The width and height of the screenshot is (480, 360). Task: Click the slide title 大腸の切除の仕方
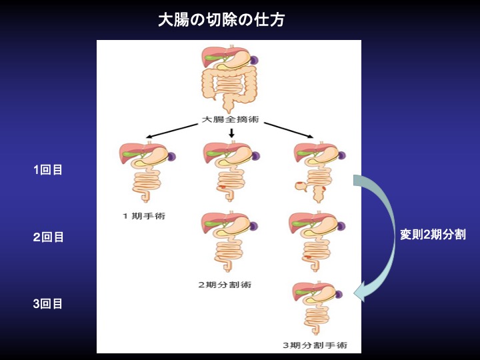(x=221, y=20)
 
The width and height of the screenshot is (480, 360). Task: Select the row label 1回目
(x=48, y=170)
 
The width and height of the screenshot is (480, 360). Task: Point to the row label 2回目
(x=48, y=237)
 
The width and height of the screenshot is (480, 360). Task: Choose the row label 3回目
(x=48, y=304)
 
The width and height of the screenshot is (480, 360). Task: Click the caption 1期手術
(x=143, y=215)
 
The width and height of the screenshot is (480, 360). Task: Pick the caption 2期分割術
(x=225, y=285)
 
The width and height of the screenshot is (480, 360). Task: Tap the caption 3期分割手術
(x=315, y=345)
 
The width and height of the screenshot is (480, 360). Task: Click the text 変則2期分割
(x=433, y=235)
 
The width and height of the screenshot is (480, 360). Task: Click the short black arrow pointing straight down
(x=231, y=133)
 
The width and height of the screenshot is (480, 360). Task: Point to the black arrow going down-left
(x=171, y=130)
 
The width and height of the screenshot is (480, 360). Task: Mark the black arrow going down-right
(x=289, y=130)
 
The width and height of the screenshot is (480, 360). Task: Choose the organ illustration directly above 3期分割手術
(x=315, y=307)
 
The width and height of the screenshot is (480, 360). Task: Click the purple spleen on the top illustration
(x=254, y=60)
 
